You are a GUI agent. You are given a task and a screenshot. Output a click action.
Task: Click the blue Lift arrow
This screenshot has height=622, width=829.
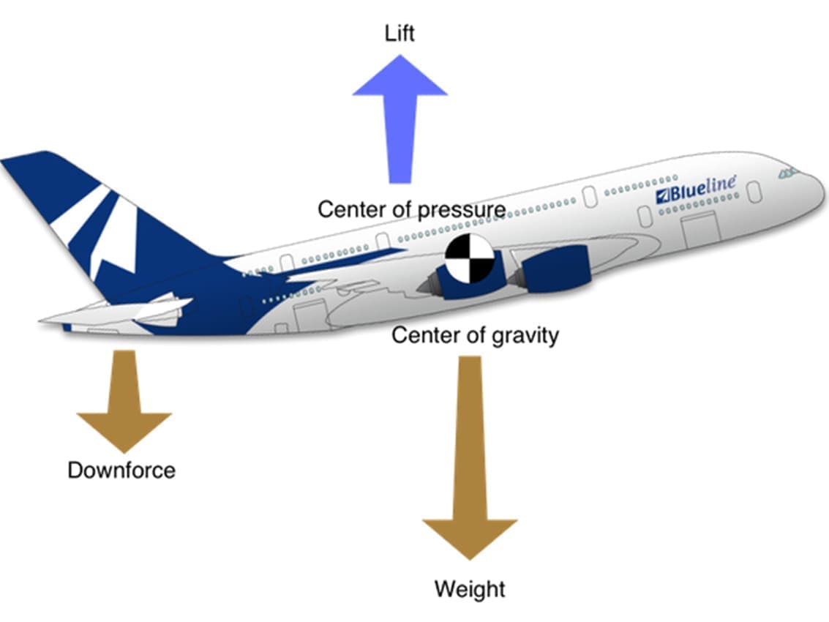click(400, 124)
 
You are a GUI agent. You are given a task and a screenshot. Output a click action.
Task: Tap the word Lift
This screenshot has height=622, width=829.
click(400, 33)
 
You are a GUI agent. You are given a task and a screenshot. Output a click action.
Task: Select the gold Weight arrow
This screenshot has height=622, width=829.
click(470, 454)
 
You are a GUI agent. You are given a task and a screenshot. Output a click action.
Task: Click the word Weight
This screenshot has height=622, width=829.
click(470, 588)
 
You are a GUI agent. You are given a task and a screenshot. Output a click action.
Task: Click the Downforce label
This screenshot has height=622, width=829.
click(121, 470)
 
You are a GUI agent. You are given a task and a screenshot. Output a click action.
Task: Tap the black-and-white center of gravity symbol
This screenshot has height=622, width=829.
click(469, 259)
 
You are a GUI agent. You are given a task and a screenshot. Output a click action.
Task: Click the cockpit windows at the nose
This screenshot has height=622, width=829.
click(788, 173)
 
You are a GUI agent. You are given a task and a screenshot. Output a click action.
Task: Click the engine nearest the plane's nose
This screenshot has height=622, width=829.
click(556, 269)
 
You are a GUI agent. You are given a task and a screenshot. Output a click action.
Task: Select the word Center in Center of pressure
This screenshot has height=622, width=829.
click(348, 210)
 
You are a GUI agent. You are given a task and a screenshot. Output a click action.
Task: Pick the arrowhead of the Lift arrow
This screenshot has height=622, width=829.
click(400, 77)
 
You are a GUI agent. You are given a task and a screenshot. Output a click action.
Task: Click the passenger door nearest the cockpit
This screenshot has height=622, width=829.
click(754, 192)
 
